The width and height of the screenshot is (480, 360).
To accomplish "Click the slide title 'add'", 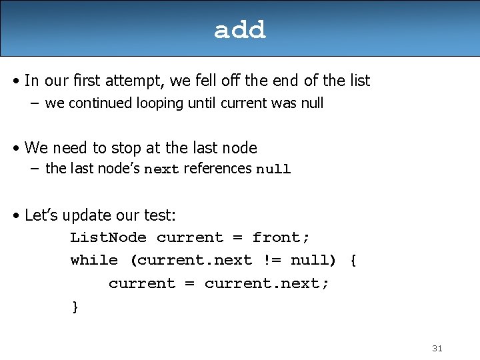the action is coord(240,30).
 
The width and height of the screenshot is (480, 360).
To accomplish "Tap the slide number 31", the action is coord(437,349).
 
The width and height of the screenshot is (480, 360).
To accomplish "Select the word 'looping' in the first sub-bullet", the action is coord(160,103).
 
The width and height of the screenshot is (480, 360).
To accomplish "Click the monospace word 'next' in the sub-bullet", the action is coord(161,169).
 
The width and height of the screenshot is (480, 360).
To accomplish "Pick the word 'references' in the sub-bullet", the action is coord(217,169).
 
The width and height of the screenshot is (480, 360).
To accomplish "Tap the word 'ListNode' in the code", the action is coord(109,237).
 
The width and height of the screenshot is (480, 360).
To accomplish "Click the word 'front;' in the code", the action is coord(281,237).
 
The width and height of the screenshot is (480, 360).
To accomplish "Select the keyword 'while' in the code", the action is coord(94,260).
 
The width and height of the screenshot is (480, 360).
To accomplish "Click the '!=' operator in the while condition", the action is coord(272,260).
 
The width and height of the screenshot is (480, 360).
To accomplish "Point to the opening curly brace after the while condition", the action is coord(353,261).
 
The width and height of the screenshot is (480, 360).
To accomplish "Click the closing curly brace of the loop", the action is coord(75,307).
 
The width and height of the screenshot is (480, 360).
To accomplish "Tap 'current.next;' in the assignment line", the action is coord(266,283).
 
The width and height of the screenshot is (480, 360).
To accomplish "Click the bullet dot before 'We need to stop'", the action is coord(16,149).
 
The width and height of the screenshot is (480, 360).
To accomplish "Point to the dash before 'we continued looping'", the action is coord(35,103).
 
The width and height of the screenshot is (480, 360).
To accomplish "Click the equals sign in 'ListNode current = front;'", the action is coord(238,237).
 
